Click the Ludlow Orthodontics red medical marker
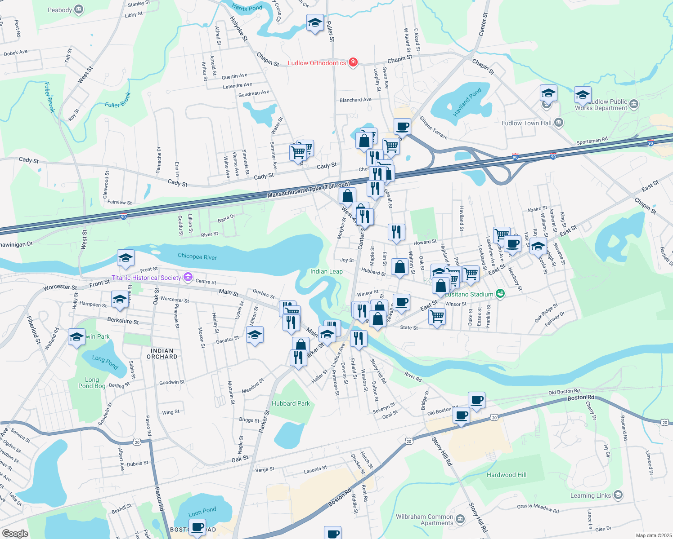pyautogui.click(x=353, y=62)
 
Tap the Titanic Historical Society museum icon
pyautogui.click(x=188, y=278)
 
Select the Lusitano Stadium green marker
pyautogui.click(x=500, y=294)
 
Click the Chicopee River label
pyautogui.click(x=197, y=256)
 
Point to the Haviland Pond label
pyautogui.click(x=467, y=102)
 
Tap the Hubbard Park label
pyautogui.click(x=291, y=403)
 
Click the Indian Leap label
pyautogui.click(x=326, y=271)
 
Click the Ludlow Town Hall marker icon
pyautogui.click(x=558, y=122)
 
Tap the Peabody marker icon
pyautogui.click(x=78, y=9)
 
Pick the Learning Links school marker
pyautogui.click(x=618, y=495)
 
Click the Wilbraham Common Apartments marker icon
pyautogui.click(x=460, y=520)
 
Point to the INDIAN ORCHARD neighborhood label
pyautogui.click(x=162, y=353)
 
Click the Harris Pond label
pyautogui.click(x=247, y=8)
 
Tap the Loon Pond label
pyautogui.click(x=202, y=512)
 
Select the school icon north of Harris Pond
pyautogui.click(x=315, y=22)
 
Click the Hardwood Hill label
pyautogui.click(x=507, y=475)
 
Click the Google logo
pyautogui.click(x=15, y=533)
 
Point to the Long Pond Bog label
pyautogui.click(x=92, y=383)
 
